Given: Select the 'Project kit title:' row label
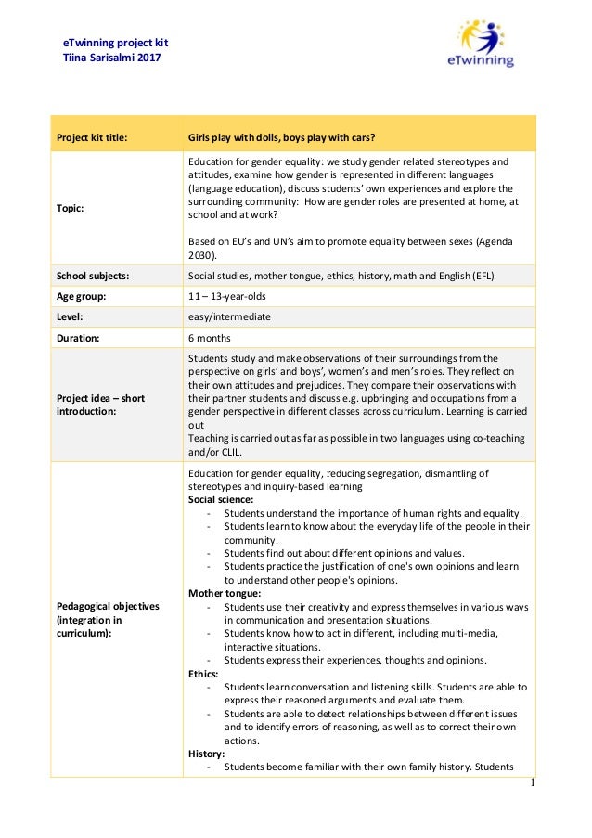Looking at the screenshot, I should (92, 139).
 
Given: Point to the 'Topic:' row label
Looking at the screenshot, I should (71, 209).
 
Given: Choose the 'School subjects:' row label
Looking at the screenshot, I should (93, 276).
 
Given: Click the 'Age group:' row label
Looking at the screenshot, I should (81, 296).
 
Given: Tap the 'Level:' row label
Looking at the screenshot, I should (71, 316).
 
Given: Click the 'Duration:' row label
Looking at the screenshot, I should (78, 338).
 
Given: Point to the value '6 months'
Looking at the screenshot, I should (210, 338).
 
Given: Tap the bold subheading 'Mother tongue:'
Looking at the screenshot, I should (225, 593).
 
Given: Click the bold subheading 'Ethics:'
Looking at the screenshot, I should (204, 674).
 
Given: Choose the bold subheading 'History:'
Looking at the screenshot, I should (206, 754).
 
